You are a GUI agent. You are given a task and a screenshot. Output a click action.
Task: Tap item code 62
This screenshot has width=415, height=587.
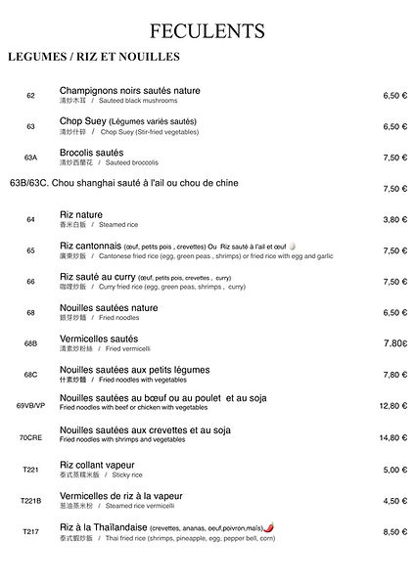point(31,96)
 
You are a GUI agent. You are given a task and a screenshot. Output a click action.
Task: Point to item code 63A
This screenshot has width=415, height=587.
point(31,158)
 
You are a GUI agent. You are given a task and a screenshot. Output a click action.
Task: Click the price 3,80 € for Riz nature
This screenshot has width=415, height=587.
point(394,220)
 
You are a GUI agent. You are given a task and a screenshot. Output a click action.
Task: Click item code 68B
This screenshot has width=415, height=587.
point(31,344)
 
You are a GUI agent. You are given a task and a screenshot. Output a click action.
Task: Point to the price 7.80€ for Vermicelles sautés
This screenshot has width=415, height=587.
point(392,343)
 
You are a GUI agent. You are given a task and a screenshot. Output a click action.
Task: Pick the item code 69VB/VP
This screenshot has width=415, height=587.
point(30,405)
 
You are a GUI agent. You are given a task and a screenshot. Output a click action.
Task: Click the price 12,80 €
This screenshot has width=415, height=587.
point(392,405)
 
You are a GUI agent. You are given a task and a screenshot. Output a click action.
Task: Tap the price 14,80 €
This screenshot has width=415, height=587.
point(392,438)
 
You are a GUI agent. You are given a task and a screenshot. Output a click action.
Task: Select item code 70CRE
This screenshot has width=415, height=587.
point(31,438)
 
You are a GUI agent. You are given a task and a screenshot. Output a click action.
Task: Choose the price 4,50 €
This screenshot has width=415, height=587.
point(394,501)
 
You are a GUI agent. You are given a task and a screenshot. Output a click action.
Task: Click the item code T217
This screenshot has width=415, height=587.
point(31,531)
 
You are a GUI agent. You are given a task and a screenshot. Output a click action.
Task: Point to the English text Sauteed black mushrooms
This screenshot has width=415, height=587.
point(134,101)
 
